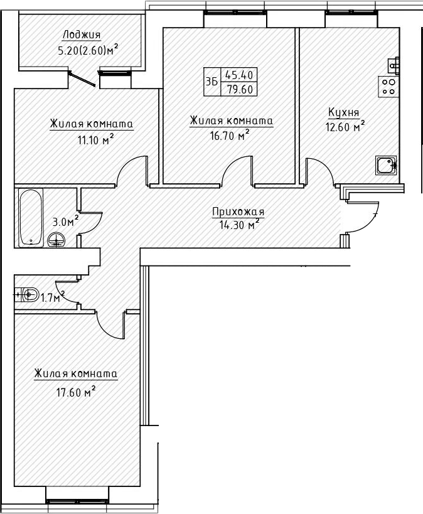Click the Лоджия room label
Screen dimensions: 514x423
pos(82,35)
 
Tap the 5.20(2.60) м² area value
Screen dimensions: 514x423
pos(88,51)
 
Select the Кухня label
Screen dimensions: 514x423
pos(343,112)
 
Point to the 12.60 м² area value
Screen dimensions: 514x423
pos(346,127)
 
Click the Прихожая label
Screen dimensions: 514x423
pos(238,212)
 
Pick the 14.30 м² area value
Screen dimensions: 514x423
pos(237,225)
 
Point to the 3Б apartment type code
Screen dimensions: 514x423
pos(211,82)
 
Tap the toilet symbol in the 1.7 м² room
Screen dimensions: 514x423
pos(26,294)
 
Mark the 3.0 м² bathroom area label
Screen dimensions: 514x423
pos(65,222)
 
